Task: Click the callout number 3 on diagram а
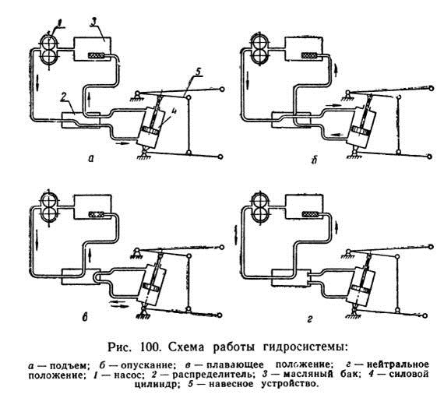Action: [x=93, y=23]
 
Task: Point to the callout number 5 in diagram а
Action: [x=198, y=72]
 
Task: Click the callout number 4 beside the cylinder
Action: [x=173, y=111]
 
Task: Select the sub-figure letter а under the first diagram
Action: [x=91, y=159]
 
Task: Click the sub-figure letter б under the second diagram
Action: [x=314, y=160]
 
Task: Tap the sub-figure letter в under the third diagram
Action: [x=84, y=318]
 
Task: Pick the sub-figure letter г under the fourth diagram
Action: [x=309, y=320]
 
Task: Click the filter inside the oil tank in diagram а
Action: [x=97, y=56]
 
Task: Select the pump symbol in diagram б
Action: [x=261, y=48]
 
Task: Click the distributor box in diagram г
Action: [x=290, y=278]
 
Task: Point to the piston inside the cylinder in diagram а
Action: [x=150, y=132]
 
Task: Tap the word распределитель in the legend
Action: [x=212, y=375]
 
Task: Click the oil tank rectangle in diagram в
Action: [x=92, y=206]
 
